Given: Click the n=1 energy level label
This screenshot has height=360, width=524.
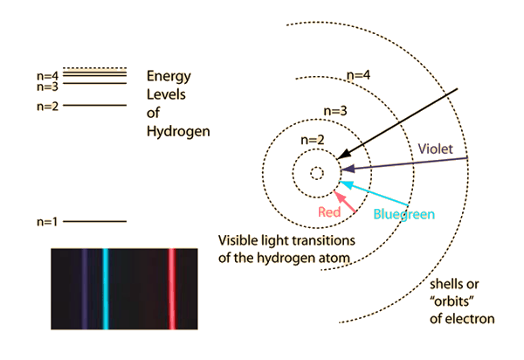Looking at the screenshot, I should [47, 221].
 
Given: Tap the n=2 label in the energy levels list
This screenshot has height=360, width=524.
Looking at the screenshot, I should [47, 106].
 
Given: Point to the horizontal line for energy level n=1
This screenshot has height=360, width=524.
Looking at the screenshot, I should [95, 221].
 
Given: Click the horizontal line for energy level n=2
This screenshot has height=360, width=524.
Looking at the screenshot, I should [95, 106].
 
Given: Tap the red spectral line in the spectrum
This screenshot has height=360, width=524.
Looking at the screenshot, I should [172, 288].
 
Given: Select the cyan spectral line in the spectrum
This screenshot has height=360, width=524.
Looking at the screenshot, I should [106, 288].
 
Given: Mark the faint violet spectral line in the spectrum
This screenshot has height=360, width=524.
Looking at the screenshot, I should [84, 288].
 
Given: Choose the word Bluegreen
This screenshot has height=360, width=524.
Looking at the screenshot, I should [403, 213].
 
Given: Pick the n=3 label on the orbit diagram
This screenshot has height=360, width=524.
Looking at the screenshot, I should [335, 111].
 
